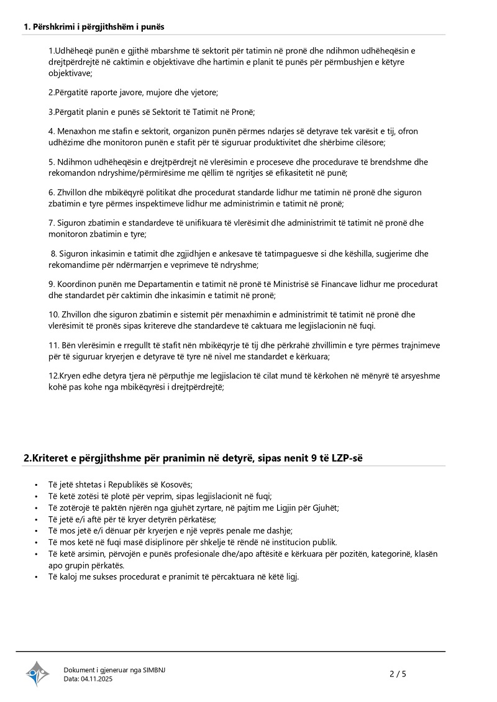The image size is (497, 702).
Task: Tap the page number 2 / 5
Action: coord(398,673)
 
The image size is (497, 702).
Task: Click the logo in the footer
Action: coord(37,673)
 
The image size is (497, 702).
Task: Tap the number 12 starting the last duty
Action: coord(53,376)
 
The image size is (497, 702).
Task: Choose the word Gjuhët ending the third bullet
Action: coord(325,508)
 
